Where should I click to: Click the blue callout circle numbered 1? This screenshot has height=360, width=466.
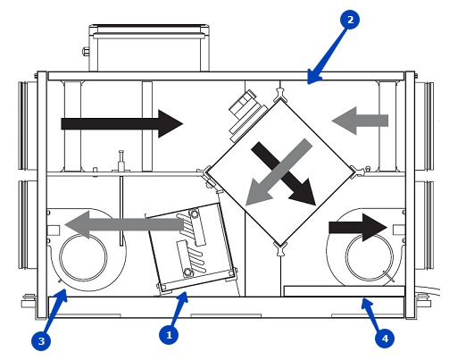pyautogui.click(x=169, y=335)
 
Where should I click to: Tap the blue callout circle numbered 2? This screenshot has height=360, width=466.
pyautogui.click(x=350, y=20)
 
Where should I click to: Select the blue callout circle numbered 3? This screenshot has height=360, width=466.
pyautogui.click(x=41, y=340)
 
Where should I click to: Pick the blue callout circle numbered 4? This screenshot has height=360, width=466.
pyautogui.click(x=385, y=339)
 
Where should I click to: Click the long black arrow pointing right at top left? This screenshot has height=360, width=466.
pyautogui.click(x=122, y=123)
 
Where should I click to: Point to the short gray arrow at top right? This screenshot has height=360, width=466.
pyautogui.click(x=360, y=121)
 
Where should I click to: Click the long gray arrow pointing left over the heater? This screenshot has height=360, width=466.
pyautogui.click(x=124, y=225)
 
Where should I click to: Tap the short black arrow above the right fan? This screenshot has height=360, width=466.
pyautogui.click(x=358, y=228)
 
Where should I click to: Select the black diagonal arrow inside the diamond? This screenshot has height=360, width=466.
pyautogui.click(x=284, y=173)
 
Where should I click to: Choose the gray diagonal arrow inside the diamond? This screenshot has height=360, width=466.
pyautogui.click(x=279, y=172)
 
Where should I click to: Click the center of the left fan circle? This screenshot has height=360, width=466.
pyautogui.click(x=83, y=257)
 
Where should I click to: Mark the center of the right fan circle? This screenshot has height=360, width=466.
pyautogui.click(x=370, y=257)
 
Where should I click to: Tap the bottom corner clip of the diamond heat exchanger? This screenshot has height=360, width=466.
pyautogui.click(x=280, y=248)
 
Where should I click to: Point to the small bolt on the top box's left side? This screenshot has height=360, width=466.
pyautogui.click(x=86, y=52)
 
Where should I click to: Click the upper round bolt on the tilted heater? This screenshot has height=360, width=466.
pyautogui.click(x=194, y=213)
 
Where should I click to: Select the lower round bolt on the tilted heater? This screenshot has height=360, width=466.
pyautogui.click(x=187, y=272)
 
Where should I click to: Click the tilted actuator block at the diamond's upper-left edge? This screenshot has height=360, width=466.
pyautogui.click(x=246, y=116)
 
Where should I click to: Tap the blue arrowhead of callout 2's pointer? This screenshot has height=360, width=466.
pyautogui.click(x=313, y=78)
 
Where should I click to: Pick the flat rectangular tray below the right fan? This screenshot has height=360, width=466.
pyautogui.click(x=345, y=291)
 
